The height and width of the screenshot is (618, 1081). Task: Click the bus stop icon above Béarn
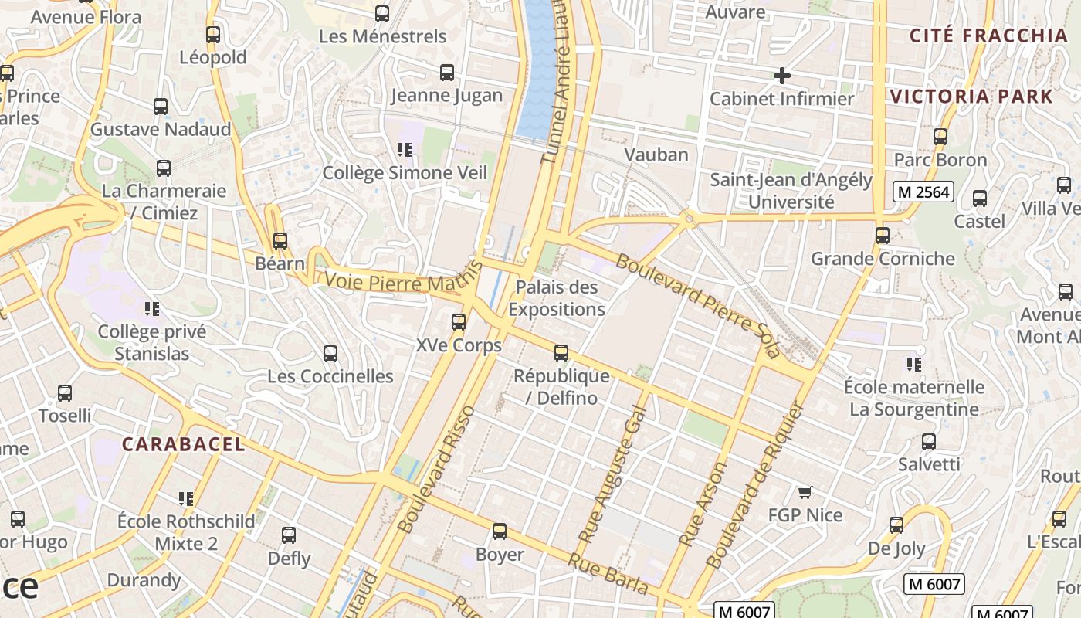280,240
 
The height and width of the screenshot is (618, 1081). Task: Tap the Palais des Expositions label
556,298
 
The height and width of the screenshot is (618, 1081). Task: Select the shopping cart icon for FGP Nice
805,492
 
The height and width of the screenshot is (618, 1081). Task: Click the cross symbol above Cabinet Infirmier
781,76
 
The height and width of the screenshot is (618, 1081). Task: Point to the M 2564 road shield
923,192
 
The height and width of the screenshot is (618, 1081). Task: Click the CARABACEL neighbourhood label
184,444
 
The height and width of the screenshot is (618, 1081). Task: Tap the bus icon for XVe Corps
459,322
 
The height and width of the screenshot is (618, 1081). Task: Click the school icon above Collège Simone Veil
405,150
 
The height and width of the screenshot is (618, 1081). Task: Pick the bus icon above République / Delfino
561,353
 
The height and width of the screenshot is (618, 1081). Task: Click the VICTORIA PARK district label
971,97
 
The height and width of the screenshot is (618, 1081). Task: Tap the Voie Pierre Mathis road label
402,280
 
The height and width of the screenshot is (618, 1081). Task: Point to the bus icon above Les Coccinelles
330,354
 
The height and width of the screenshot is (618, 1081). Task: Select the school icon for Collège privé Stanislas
152,309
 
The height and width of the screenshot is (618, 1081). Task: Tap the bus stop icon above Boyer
500,531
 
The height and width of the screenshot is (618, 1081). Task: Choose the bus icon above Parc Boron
940,137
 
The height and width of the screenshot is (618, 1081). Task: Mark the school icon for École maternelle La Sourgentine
914,364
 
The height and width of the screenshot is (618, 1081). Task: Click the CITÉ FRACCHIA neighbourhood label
988,36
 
